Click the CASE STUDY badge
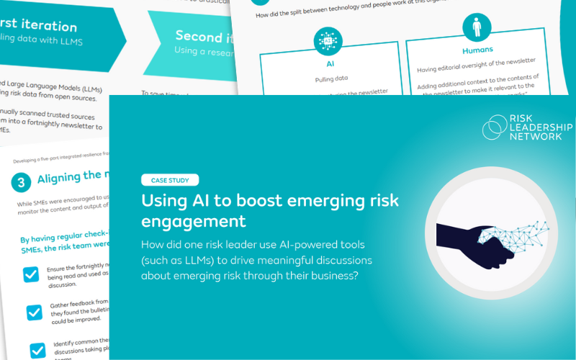pos(170,181)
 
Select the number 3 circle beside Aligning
pos(22,183)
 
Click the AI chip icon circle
pos(328,41)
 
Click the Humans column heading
pos(477,50)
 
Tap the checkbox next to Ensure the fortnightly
pos(31,274)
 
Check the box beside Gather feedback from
pos(35,312)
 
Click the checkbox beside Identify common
pos(38,349)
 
